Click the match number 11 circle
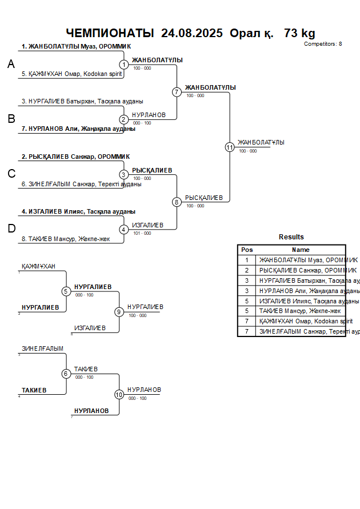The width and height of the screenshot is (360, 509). (230, 147)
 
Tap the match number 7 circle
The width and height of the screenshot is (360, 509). (177, 92)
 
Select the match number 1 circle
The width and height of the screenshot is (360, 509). (123, 65)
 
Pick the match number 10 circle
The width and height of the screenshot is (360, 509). (119, 394)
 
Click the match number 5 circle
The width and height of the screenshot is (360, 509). (66, 291)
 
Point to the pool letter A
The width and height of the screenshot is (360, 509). (11, 65)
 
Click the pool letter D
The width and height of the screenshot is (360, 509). (11, 229)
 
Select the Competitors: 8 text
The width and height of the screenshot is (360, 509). (323, 44)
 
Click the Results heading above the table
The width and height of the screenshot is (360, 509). (291, 237)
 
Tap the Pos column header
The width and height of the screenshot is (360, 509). (247, 250)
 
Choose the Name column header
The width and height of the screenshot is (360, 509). (301, 250)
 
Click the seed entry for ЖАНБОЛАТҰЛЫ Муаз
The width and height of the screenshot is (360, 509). (77, 47)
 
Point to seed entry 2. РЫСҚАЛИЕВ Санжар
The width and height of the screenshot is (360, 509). (75, 157)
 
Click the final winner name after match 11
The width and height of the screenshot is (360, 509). (261, 143)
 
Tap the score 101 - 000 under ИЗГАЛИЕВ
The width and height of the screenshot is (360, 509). (142, 233)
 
